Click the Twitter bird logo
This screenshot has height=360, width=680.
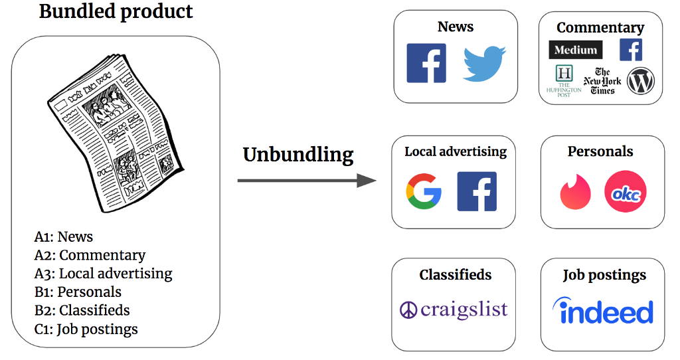tap(484, 64)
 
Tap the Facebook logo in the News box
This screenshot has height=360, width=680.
tap(426, 63)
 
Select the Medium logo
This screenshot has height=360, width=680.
tap(576, 50)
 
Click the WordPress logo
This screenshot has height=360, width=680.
tap(641, 81)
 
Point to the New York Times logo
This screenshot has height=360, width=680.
tap(602, 81)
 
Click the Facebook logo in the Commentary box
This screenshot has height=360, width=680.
tap(630, 50)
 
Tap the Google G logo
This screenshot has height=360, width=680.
tap(424, 191)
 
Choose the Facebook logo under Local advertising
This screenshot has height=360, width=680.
tap(477, 191)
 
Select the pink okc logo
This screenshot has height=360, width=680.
tap(625, 192)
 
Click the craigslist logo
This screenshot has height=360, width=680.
tap(454, 310)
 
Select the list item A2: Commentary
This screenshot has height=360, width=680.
tap(90, 255)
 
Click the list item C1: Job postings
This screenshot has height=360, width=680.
tap(86, 329)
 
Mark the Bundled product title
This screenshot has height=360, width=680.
tap(116, 11)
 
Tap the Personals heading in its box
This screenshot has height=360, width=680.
tap(600, 151)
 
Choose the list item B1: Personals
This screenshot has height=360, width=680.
tap(78, 292)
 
